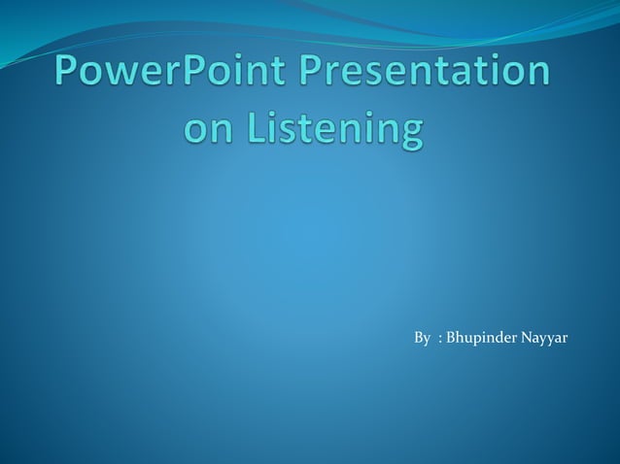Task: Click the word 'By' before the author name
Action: click(x=422, y=338)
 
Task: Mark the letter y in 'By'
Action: click(x=427, y=340)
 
